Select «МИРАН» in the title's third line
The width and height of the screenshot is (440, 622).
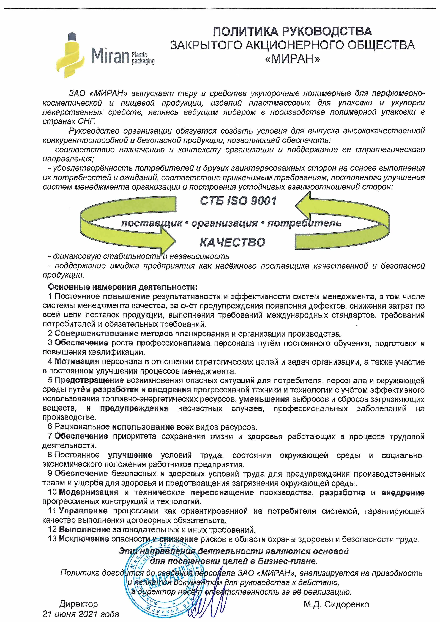(292, 59)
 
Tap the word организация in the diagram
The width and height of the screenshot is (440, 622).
(224, 223)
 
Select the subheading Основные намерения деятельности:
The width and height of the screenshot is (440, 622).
(122, 287)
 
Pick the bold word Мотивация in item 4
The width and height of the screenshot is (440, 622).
(77, 361)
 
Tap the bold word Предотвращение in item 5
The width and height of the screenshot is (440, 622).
(89, 380)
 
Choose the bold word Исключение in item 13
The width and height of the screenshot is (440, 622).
(84, 539)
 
